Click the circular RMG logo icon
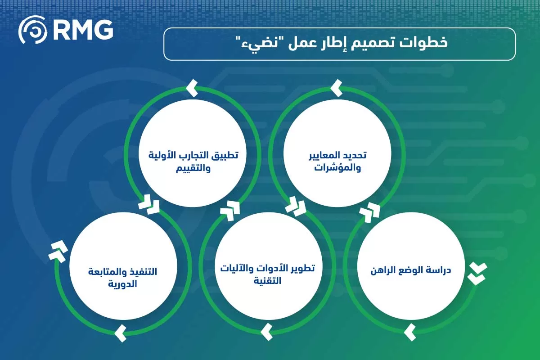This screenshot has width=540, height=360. point(32,31)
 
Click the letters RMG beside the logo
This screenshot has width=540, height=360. point(82,31)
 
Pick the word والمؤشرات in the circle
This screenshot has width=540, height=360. point(338,169)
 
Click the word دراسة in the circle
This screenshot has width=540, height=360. point(436,271)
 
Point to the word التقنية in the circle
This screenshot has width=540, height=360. point(267,282)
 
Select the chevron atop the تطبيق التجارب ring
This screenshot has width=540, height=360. point(192,88)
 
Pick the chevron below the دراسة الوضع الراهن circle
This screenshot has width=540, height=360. point(410,332)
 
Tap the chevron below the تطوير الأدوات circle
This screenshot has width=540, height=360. point(266,333)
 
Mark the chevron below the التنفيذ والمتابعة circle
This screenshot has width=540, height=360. point(120,333)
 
